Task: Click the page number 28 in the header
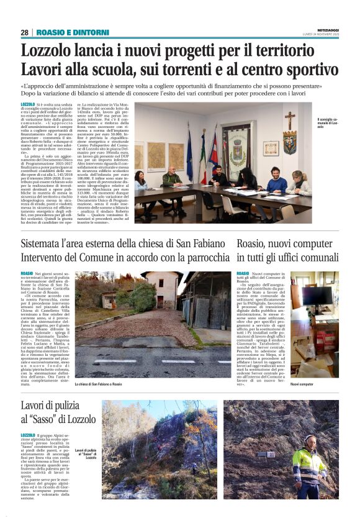point(24,32)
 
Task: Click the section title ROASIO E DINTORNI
point(72,32)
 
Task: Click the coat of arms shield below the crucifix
point(289,143)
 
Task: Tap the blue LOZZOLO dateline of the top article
point(28,104)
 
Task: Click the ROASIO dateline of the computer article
point(243,274)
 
